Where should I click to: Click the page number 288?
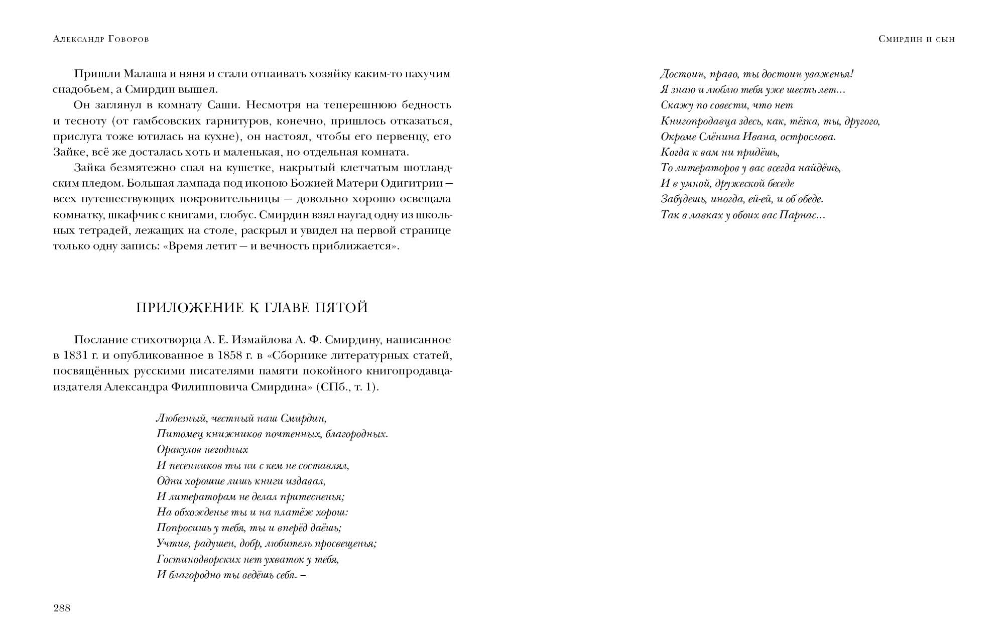[62, 608]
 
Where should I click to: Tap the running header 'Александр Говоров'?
[101, 39]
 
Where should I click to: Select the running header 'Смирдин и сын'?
[917, 39]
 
